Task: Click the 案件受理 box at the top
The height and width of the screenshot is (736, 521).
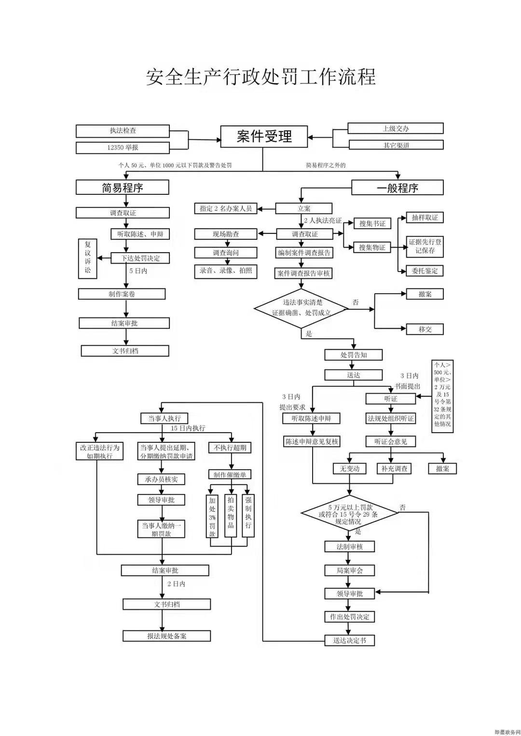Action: coord(264,136)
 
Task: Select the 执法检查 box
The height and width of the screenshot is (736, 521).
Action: coord(123,131)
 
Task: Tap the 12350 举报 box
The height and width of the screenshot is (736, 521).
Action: coord(123,148)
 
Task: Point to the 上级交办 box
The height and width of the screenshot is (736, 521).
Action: coord(396,128)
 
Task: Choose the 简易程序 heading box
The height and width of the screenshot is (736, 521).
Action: coord(123,188)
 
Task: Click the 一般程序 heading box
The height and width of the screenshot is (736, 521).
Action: coord(397,188)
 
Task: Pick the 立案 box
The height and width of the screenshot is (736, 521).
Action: coord(304,208)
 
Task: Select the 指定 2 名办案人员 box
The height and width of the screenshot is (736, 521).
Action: coord(226,208)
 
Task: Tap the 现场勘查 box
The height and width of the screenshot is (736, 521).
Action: coord(226,234)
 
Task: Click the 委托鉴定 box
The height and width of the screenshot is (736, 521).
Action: coord(425,271)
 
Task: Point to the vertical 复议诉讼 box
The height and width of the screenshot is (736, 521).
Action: coord(88,258)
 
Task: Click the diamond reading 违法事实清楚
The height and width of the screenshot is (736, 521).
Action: coord(302,308)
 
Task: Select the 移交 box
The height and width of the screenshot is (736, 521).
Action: coord(425,329)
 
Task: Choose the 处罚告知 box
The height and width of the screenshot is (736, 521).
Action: coord(354,355)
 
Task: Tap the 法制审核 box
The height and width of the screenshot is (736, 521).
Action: coord(349,546)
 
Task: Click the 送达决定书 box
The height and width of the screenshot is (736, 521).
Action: coord(349,641)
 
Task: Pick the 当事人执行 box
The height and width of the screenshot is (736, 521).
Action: coord(164,418)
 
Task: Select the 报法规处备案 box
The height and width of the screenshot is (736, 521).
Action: coord(166,636)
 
